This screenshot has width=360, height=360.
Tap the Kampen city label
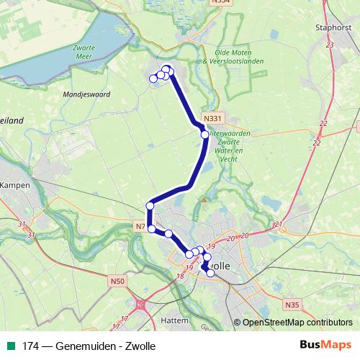pos(14,184)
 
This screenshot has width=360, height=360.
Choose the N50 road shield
pos(118,281)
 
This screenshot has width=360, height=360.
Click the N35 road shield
pos(292,305)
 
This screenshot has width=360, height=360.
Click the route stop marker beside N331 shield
pos(204,135)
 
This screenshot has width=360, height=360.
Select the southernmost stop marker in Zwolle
pos(210,273)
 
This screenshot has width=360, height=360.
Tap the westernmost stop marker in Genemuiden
pos(153,78)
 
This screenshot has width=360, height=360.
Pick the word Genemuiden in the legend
pos(82,346)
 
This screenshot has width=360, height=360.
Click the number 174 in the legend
pos(30,346)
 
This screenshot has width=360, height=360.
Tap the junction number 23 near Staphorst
pos(330,45)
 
